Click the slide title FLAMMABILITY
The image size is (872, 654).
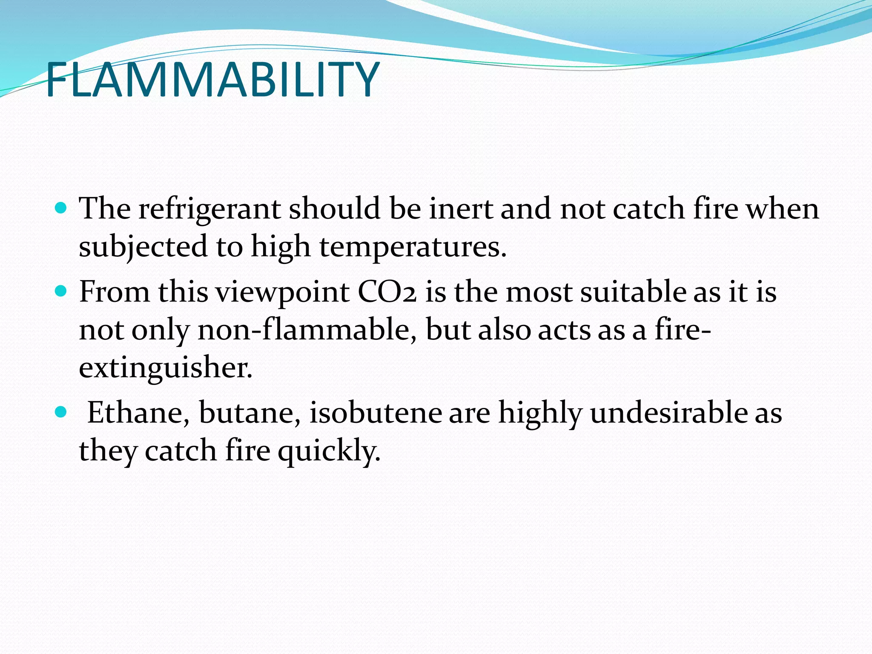[212, 80]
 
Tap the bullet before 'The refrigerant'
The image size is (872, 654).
[62, 208]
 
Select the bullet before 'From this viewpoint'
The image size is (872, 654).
[62, 291]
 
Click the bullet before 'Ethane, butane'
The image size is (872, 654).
[62, 412]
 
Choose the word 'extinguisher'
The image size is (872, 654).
[165, 367]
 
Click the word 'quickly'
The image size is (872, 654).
[329, 451]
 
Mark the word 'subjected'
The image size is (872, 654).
[143, 247]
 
